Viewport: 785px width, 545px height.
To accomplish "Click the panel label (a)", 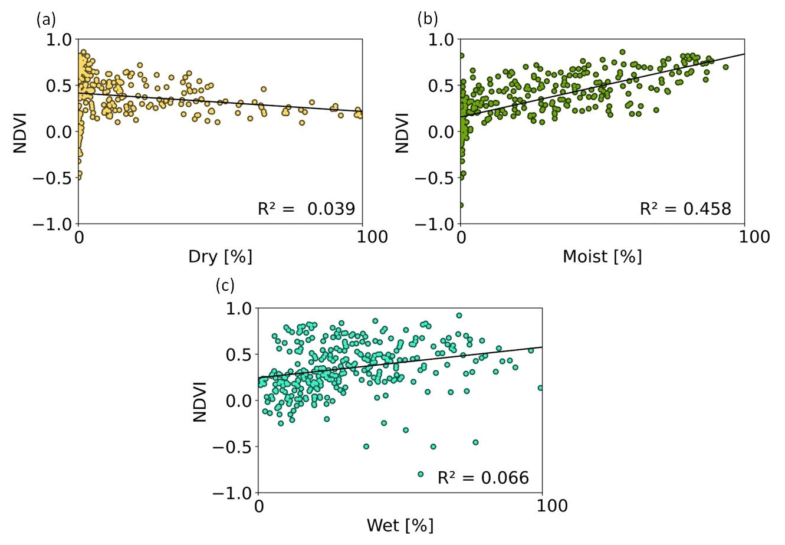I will pos(47,20).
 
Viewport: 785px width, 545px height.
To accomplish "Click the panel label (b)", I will pos(428,19).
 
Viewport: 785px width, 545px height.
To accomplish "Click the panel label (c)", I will pos(225,287).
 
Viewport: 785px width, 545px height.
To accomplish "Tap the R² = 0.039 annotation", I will pos(307,208).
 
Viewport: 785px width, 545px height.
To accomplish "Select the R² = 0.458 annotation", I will pos(685,208).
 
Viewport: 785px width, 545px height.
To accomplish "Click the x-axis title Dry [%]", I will pos(220,257).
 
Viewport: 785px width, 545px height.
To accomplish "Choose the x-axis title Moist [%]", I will pos(602,257).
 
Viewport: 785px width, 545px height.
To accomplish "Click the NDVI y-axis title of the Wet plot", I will pos(201,400).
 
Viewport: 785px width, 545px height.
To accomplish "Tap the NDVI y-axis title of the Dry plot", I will pos(21,131).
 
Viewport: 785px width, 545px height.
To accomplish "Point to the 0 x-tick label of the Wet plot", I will pos(259,506).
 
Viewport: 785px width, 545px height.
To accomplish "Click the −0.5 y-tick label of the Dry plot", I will pos(53,178).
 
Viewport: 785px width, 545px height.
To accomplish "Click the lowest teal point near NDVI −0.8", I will pos(421,474).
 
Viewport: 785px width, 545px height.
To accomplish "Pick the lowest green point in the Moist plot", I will pos(461,205).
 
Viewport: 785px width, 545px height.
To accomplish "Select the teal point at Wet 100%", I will pos(541,388).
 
